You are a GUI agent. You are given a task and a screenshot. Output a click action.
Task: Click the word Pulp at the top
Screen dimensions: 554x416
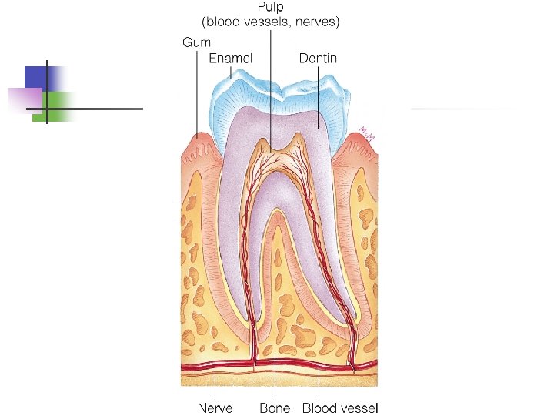point(270,7)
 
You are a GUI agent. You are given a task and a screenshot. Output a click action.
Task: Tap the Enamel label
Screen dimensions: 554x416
point(231,58)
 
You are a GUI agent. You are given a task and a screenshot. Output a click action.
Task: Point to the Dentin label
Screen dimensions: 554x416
point(318,58)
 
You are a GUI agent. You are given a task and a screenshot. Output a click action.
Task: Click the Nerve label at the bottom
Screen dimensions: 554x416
point(215,408)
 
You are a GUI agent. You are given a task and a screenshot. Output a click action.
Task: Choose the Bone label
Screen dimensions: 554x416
point(275,408)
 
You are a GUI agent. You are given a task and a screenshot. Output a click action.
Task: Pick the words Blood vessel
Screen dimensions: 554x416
point(340,408)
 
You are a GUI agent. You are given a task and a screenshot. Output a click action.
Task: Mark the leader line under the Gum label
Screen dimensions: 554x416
point(196,92)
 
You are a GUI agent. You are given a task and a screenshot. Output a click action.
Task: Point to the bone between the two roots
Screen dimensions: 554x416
point(275,308)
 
